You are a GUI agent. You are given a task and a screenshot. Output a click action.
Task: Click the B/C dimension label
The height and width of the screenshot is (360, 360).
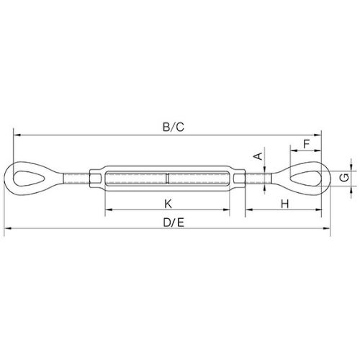point(174,127)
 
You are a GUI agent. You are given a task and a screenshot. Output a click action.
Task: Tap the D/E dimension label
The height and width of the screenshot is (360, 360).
point(174,222)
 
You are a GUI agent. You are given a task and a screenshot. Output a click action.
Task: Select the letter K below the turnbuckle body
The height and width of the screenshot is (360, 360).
point(168,204)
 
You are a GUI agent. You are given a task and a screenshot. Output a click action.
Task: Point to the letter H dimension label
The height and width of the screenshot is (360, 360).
point(285,204)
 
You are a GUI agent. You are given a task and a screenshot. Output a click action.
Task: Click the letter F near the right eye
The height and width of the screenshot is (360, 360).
point(307,144)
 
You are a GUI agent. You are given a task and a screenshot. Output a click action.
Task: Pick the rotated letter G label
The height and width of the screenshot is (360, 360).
point(345,178)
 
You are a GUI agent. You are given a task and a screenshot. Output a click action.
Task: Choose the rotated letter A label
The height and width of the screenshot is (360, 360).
point(258,156)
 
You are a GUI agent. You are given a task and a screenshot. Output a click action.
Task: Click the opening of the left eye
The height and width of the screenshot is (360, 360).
point(29,179)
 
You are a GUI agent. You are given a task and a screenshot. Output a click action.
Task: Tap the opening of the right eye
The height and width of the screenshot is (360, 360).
point(305,179)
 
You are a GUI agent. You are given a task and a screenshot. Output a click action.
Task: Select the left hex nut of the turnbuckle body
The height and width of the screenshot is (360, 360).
point(95,179)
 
